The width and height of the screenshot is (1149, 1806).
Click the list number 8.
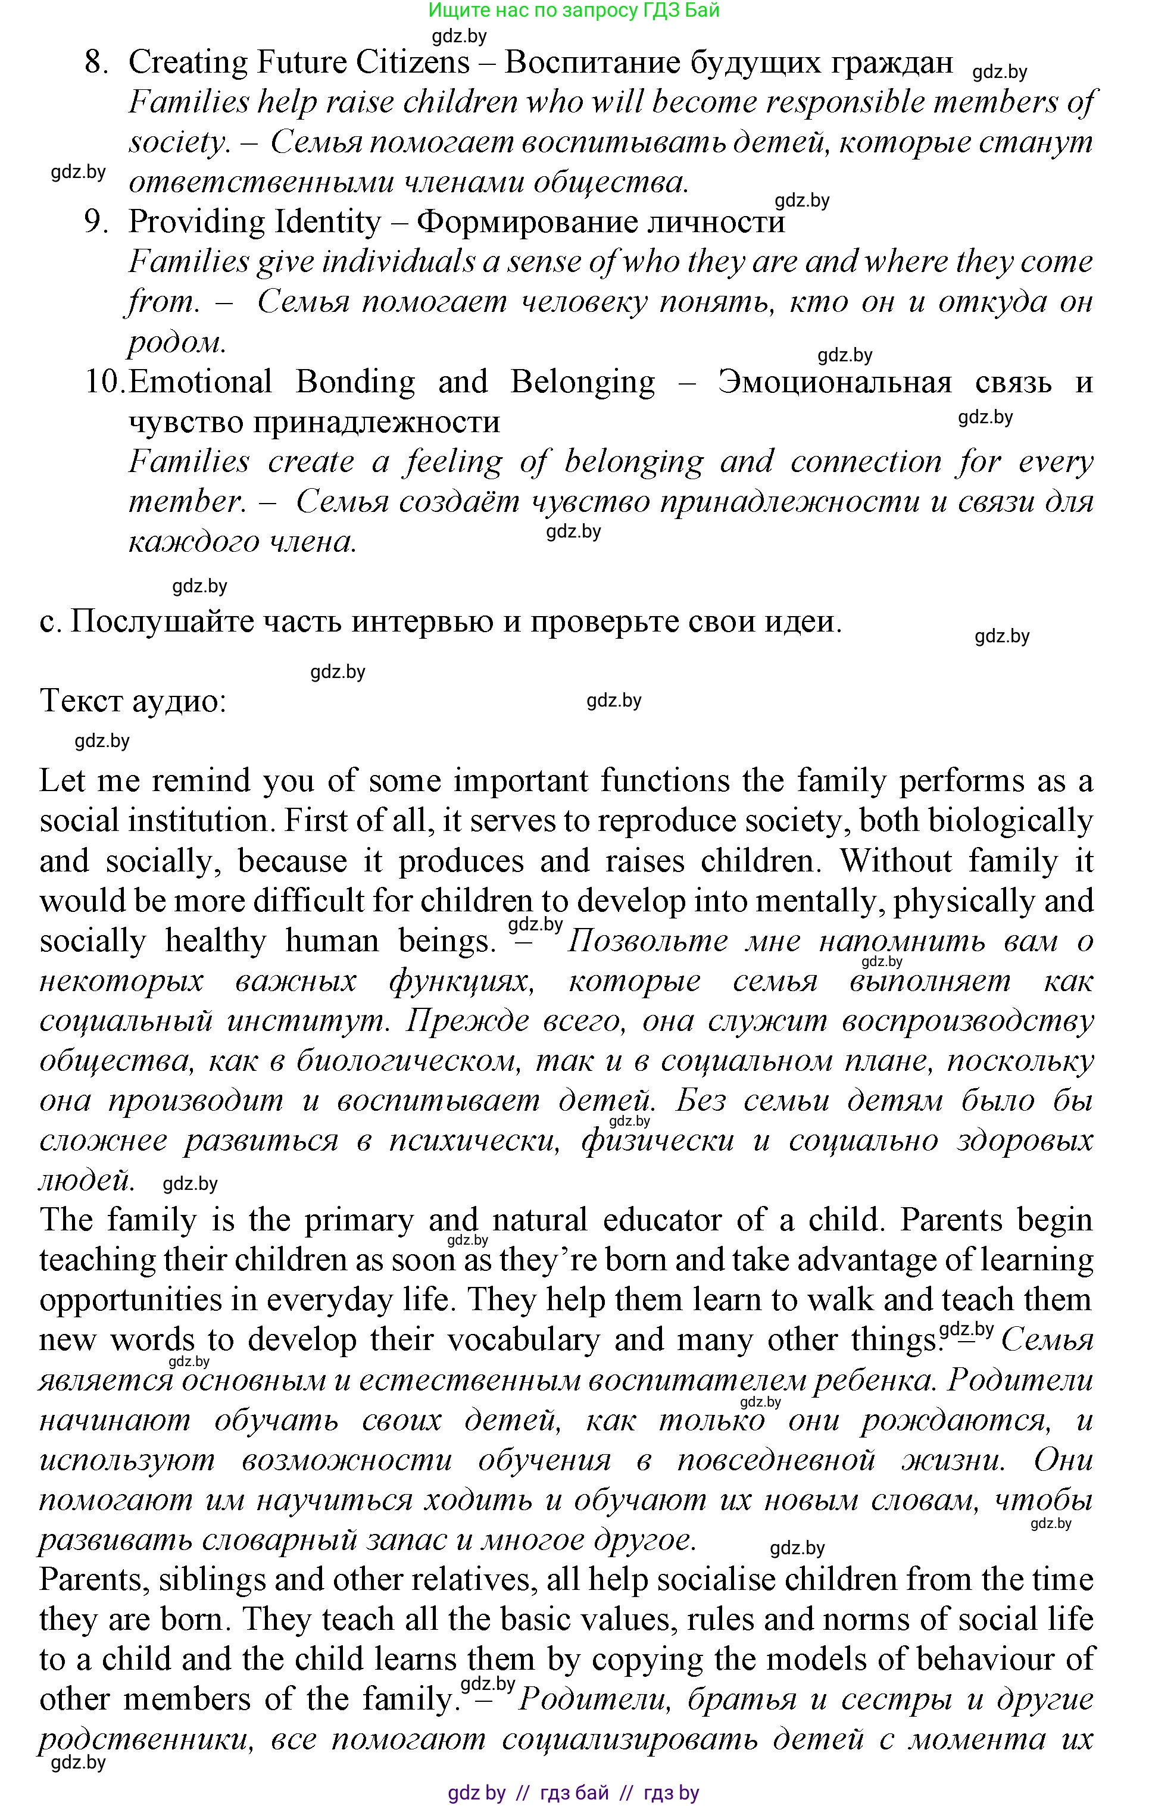tap(97, 63)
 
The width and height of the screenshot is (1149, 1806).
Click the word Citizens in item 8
tap(413, 63)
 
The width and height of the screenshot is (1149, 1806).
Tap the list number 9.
tap(97, 223)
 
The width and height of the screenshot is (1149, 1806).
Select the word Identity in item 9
tap(329, 223)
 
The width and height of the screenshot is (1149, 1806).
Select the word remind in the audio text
tap(198, 782)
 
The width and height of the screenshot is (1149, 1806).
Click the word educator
tap(660, 1221)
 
